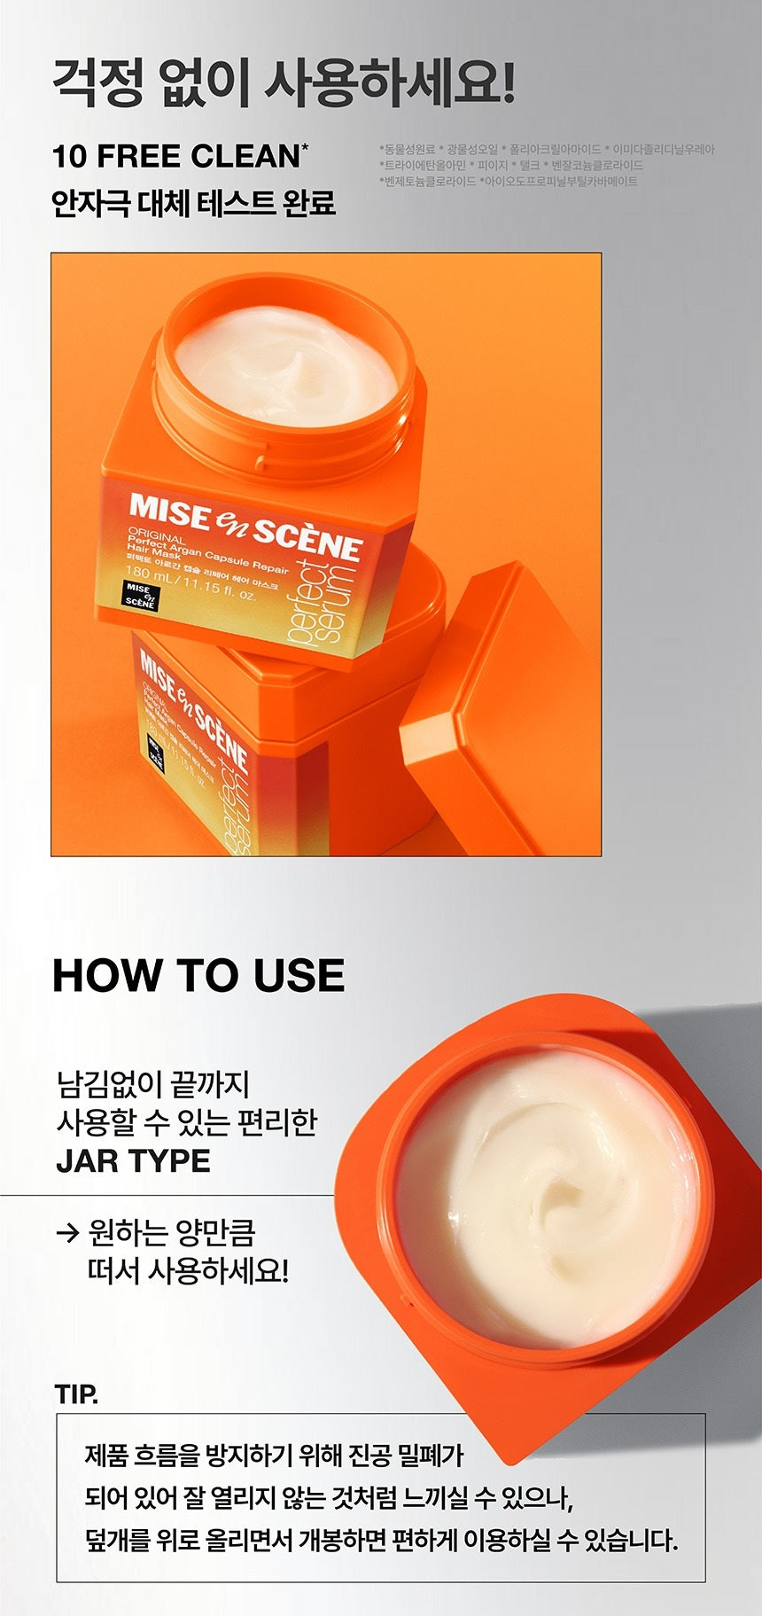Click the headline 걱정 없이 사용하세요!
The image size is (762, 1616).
(284, 84)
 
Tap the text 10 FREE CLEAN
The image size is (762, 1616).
(177, 156)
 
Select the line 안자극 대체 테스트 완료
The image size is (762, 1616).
(193, 202)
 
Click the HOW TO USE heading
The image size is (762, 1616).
(198, 975)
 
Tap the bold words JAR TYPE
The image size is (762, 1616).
(133, 1160)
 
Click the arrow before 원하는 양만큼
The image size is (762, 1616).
(67, 1233)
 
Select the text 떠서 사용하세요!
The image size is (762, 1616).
(188, 1271)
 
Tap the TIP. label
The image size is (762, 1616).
(76, 1394)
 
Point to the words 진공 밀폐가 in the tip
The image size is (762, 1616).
(406, 1455)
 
